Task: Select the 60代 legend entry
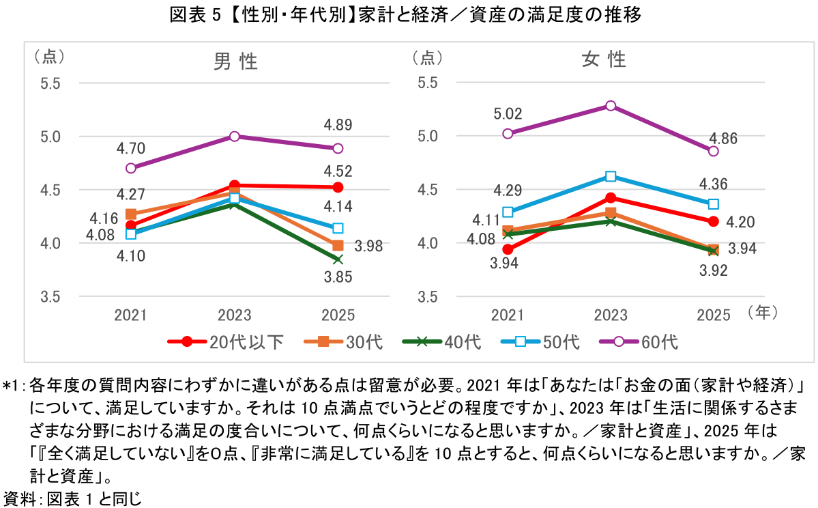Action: pos(638,341)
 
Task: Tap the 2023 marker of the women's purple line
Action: pos(611,106)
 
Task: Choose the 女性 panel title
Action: pos(604,60)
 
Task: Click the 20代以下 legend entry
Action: pos(226,341)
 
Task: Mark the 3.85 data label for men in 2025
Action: pos(337,278)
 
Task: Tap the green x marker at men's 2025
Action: pos(338,259)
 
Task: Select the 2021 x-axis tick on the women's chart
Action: pos(508,315)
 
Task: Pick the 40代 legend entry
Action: pos(441,341)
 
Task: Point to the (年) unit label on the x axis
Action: pos(762,313)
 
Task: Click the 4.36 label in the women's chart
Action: pos(713,184)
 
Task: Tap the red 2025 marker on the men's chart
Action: pos(338,187)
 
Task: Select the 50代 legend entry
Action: pos(540,341)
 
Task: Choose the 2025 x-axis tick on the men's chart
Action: pos(338,315)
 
